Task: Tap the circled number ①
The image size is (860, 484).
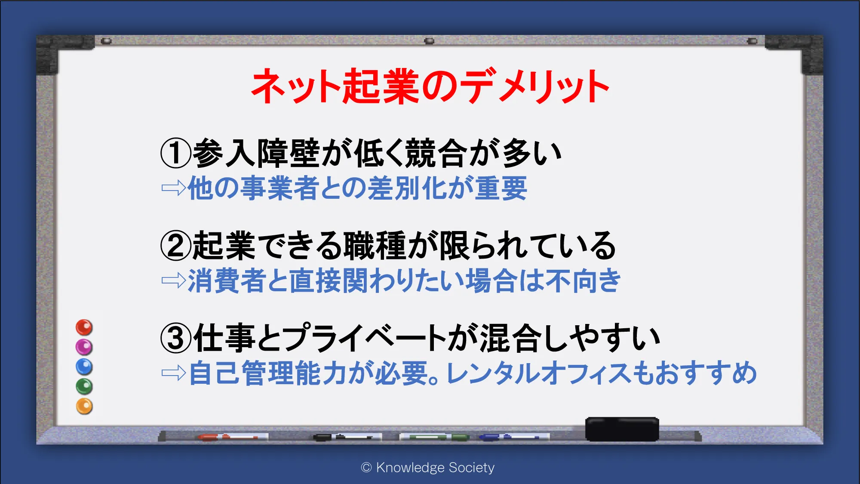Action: [175, 153]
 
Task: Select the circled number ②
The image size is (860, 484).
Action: [175, 245]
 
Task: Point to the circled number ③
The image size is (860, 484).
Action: [175, 338]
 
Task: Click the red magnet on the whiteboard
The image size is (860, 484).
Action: [84, 327]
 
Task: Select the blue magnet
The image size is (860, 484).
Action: [84, 367]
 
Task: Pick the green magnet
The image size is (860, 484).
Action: [84, 386]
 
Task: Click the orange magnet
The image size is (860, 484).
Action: [84, 406]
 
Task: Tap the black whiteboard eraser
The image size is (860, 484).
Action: [622, 429]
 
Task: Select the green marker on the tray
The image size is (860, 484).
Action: [434, 437]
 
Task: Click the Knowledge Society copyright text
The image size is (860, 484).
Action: [428, 467]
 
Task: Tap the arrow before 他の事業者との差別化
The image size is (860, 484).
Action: [174, 188]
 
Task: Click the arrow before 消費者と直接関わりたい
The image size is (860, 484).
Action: [174, 281]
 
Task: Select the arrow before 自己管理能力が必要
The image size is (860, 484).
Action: [174, 373]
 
